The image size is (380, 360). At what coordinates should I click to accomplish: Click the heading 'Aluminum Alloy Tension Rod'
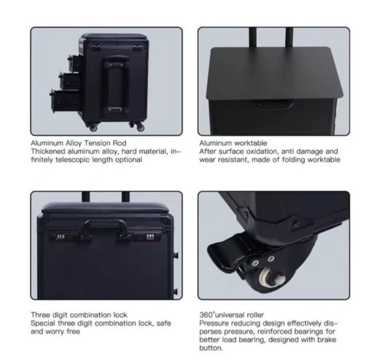pyautogui.click(x=78, y=143)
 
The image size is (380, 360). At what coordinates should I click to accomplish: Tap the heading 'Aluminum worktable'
pyautogui.click(x=233, y=143)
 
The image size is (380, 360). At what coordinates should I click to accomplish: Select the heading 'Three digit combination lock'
pyautogui.click(x=79, y=315)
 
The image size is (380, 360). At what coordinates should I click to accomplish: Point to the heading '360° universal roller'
pyautogui.click(x=232, y=315)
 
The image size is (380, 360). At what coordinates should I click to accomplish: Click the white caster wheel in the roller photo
pyautogui.click(x=271, y=278)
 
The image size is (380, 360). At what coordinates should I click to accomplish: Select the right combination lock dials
pyautogui.click(x=150, y=237)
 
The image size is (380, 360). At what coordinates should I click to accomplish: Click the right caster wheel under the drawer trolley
pyautogui.click(x=140, y=127)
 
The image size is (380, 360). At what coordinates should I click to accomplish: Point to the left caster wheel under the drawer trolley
pyautogui.click(x=93, y=127)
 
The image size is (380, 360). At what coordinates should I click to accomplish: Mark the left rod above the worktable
pyautogui.click(x=253, y=37)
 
